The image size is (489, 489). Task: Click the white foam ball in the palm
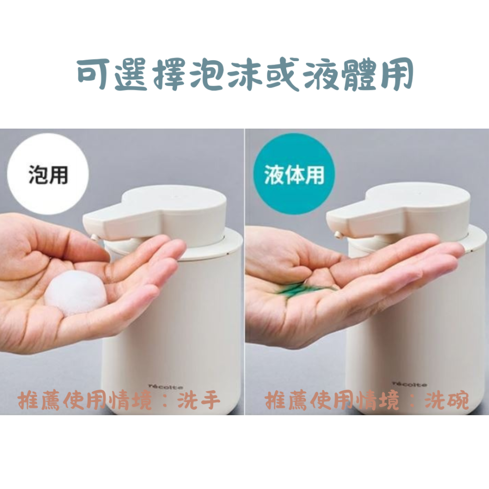(x=75, y=294)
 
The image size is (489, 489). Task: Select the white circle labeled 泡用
(x=48, y=174)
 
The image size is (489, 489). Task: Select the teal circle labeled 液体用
(x=294, y=174)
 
